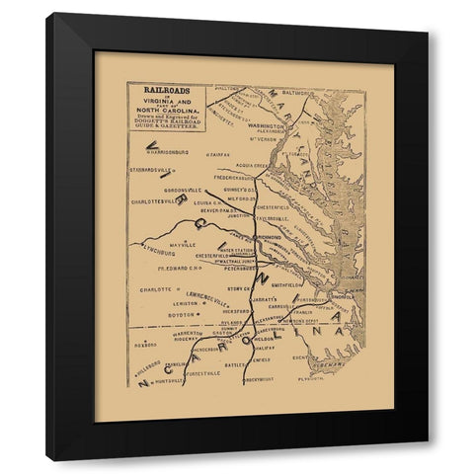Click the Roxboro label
(145, 346)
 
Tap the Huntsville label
(170, 380)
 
